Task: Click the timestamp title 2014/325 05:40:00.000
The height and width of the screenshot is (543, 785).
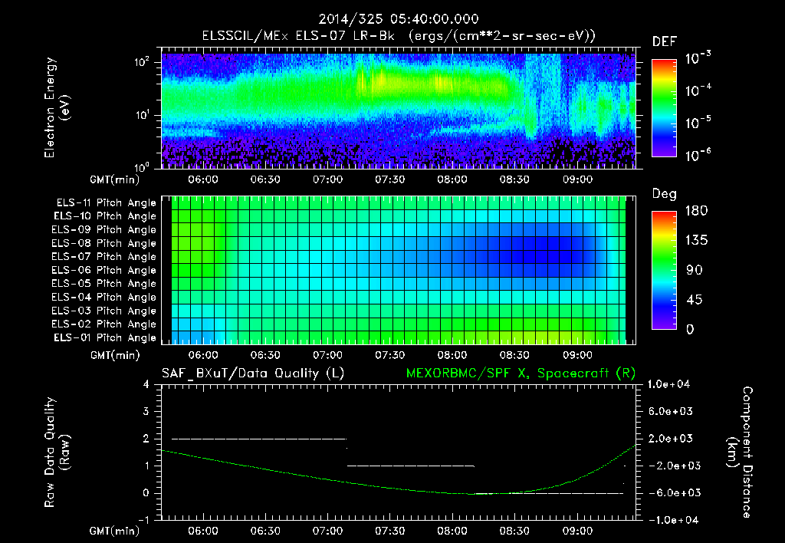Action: point(392,19)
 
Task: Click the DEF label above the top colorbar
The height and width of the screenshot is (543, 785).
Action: point(664,41)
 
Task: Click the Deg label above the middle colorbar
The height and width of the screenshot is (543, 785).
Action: point(664,194)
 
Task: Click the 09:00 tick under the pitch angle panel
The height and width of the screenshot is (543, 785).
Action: point(577,355)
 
